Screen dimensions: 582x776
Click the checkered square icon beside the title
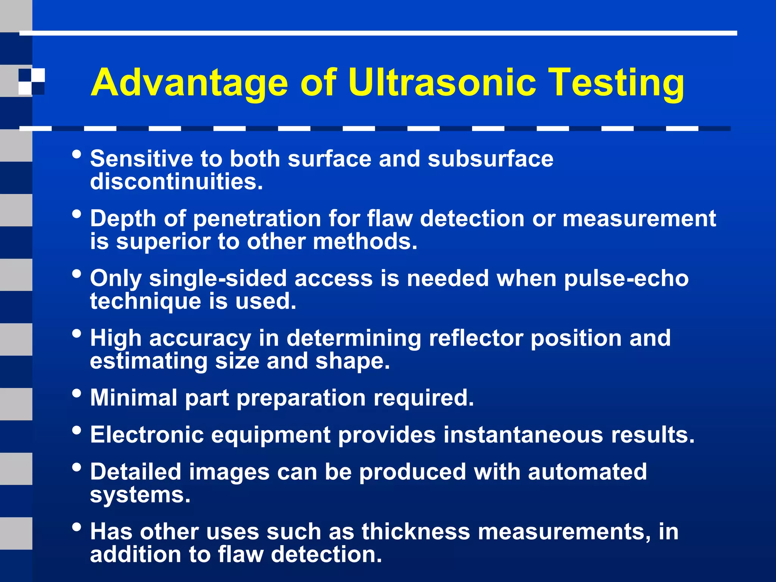tap(31, 81)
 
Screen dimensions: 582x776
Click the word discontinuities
tap(176, 181)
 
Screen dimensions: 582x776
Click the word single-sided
tap(217, 278)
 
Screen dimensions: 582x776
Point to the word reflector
tap(476, 338)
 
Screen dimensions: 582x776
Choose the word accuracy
tap(200, 339)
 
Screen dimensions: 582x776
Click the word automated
tap(587, 472)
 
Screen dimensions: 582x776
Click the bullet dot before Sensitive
tap(77, 154)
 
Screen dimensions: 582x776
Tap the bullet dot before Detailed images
tap(77, 467)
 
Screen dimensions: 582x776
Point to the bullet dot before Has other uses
tap(77, 527)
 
